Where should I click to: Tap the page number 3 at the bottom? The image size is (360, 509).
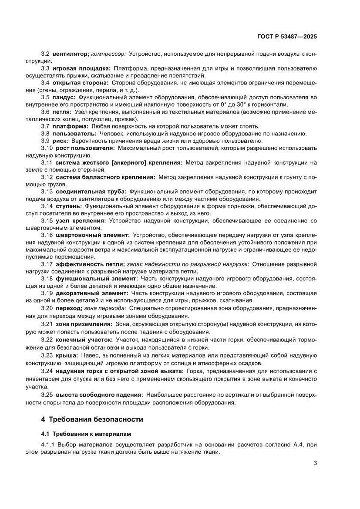pyautogui.click(x=315, y=463)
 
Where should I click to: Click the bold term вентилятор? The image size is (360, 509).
pyautogui.click(x=71, y=54)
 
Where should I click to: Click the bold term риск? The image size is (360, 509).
pyautogui.click(x=61, y=141)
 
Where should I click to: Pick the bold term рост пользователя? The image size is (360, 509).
pyautogui.click(x=85, y=148)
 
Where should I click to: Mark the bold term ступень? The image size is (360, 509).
pyautogui.click(x=68, y=206)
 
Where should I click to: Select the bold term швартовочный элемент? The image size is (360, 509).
pyautogui.click(x=93, y=235)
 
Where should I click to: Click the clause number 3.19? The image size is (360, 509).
pyautogui.click(x=47, y=293)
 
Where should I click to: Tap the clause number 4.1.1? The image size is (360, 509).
pyautogui.click(x=48, y=445)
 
